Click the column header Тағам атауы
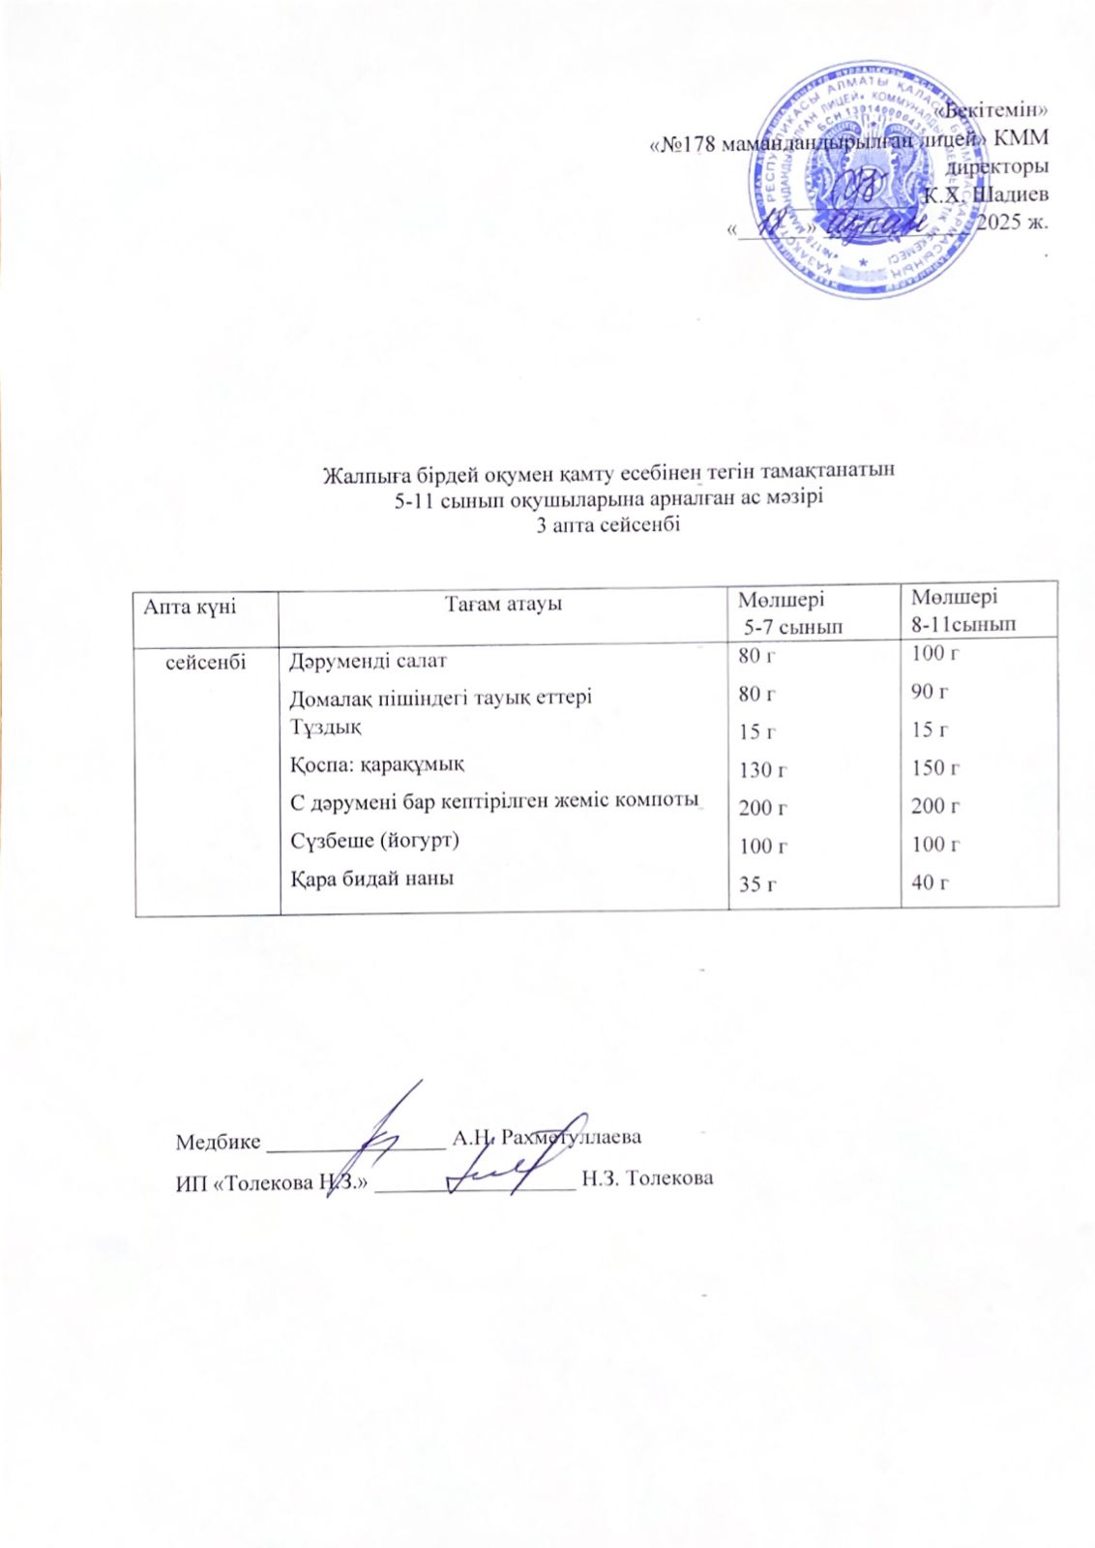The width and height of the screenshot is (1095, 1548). pos(503,605)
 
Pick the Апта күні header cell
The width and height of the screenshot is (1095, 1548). pos(190,607)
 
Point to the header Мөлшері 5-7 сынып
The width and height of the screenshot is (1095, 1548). pos(788,613)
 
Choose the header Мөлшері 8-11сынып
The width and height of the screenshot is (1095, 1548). pos(962,610)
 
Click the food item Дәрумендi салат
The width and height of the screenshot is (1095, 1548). pos(369,662)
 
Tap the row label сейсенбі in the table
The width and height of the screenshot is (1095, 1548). pos(206,662)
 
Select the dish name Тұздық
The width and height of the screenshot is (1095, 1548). pos(326,726)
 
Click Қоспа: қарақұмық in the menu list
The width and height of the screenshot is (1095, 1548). pos(377,764)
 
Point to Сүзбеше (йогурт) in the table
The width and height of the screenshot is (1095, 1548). pos(375,840)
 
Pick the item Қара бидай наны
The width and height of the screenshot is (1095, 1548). pos(372,878)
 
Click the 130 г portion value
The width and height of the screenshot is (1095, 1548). pos(762,770)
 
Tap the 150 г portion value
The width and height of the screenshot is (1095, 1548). pos(934,768)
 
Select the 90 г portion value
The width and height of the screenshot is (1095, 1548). pos(930,692)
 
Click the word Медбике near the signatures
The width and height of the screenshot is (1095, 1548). pos(218,1142)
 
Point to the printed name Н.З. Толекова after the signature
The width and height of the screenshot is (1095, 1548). pos(647,1178)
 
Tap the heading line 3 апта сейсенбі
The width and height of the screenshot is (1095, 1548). pos(608,525)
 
